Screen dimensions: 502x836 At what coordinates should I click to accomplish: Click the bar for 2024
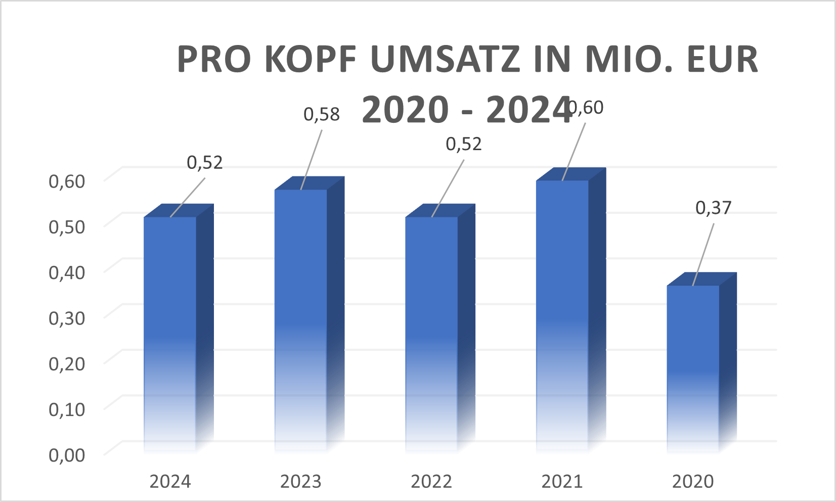170,329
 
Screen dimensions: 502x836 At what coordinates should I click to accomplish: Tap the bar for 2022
431,329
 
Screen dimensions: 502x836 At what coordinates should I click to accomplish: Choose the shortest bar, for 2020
693,364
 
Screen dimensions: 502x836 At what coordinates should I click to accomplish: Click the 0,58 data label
322,115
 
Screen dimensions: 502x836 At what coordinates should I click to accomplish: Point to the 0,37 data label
714,208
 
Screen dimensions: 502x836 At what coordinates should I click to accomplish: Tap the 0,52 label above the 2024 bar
205,163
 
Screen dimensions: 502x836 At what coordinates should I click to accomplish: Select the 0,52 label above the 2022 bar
464,145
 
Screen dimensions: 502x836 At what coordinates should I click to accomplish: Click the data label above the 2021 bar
587,108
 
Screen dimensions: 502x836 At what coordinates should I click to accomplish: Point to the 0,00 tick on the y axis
67,455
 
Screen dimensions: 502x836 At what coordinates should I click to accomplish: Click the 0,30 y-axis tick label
67,318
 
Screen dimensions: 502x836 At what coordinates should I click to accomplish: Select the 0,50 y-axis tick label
67,226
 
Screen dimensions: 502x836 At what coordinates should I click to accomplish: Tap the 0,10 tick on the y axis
67,409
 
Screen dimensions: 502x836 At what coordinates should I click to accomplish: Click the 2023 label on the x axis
301,482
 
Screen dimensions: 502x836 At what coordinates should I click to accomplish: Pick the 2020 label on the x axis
693,482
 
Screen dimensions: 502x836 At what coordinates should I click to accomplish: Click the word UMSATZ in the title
445,60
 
